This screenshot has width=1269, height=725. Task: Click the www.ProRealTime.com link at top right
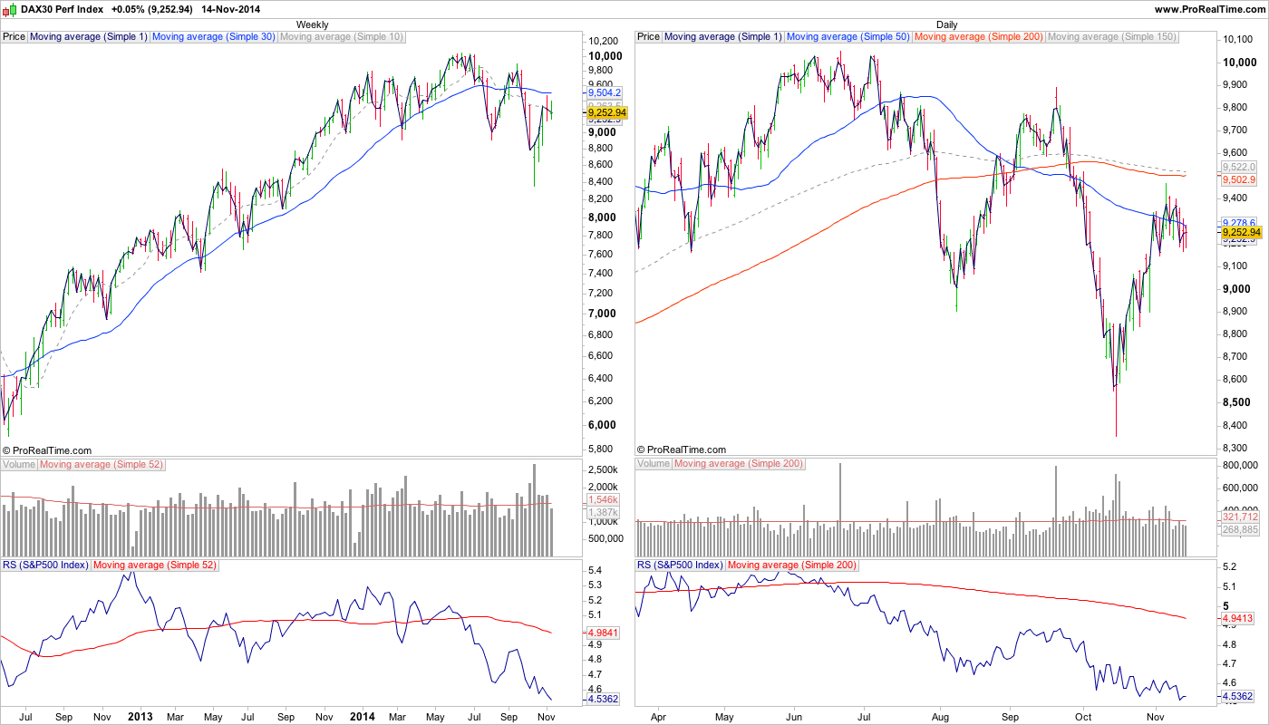(1209, 8)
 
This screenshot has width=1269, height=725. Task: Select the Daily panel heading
(946, 24)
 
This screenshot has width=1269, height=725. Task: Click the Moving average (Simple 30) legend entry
(214, 37)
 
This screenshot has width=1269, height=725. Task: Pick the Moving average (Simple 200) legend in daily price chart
(979, 37)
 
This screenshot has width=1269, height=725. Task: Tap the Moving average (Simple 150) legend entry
(1111, 37)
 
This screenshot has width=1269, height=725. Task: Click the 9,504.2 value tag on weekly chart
(604, 92)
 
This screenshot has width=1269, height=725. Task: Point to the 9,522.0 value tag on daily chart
(1238, 168)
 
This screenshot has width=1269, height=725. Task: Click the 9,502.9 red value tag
(1238, 180)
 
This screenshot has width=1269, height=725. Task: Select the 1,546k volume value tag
(603, 499)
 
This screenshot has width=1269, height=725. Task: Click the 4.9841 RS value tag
(604, 633)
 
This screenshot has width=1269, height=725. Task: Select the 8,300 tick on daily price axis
(1237, 448)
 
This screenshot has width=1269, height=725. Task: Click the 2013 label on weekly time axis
(140, 716)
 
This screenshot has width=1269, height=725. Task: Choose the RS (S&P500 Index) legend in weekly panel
(45, 565)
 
